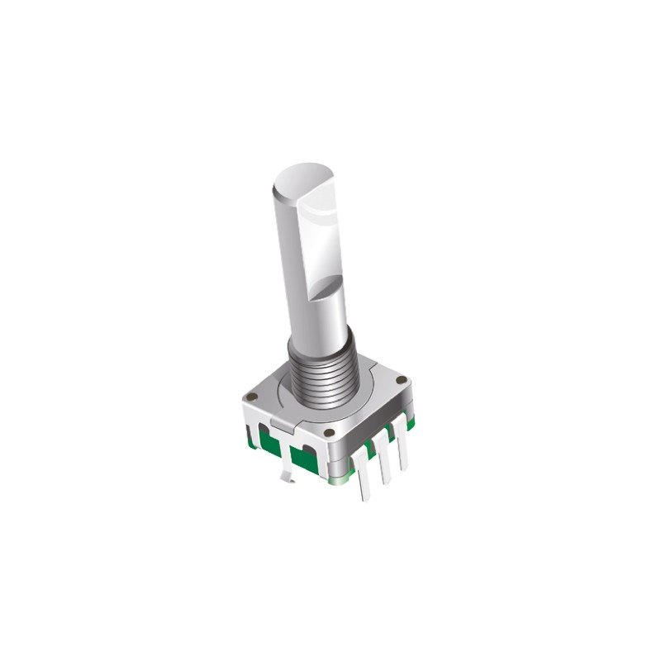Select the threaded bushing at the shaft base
click(322, 372)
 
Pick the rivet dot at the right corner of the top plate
click(401, 381)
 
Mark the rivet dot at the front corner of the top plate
click(330, 432)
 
